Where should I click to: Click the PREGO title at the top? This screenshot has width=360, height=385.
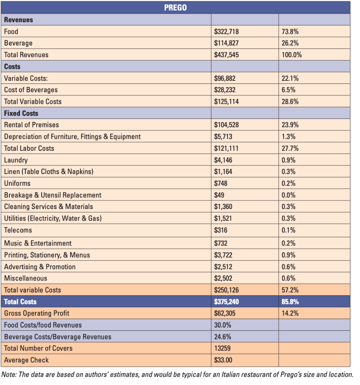(175, 8)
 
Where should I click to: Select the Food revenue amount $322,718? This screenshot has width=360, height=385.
(226, 32)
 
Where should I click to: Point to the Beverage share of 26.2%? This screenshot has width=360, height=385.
(290, 43)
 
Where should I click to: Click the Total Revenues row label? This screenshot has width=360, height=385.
(26, 55)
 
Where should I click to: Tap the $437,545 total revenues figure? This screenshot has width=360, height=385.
(226, 55)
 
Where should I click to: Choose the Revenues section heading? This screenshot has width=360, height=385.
(18, 20)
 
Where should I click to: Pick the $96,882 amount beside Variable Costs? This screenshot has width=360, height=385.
(225, 79)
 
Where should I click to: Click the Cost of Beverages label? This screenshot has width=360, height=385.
(31, 90)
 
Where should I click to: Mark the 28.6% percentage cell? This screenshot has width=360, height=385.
(290, 102)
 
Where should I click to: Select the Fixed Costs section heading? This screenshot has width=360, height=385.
(21, 113)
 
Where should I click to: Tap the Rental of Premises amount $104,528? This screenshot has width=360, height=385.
(226, 125)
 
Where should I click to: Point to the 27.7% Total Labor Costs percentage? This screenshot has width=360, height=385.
(290, 148)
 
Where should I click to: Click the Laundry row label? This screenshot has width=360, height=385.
(16, 160)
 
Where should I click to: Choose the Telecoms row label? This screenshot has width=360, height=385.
(18, 230)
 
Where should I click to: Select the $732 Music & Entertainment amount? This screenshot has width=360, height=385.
(221, 243)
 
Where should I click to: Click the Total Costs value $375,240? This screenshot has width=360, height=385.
(226, 302)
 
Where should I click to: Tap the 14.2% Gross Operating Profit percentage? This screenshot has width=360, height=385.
(290, 313)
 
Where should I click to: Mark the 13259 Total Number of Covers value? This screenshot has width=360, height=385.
(222, 348)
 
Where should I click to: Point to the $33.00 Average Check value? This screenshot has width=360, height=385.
(223, 360)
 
